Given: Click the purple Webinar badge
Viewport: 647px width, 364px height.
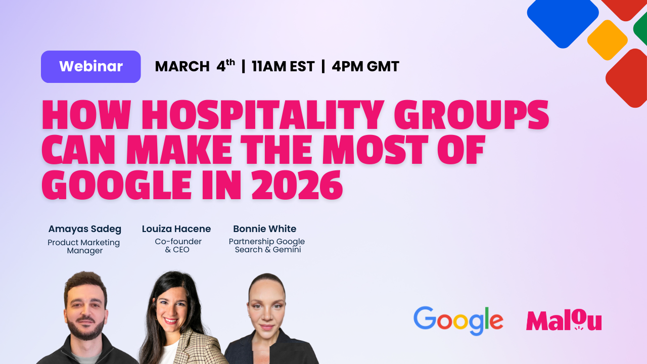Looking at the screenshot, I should click(x=91, y=67).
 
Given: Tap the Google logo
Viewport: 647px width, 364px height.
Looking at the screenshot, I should click(x=458, y=321).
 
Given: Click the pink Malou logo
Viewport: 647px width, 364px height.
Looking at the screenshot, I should click(x=564, y=321).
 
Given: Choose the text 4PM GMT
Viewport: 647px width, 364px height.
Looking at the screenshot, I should click(x=365, y=67).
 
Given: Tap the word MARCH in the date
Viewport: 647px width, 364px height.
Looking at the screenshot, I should click(x=182, y=67).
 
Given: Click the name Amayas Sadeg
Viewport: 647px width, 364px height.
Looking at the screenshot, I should click(x=85, y=229).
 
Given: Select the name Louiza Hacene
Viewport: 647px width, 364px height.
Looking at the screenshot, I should click(x=176, y=229).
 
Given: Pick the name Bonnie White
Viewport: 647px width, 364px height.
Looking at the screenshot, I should click(x=265, y=229).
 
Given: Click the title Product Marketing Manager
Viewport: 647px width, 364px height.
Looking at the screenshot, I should click(x=84, y=246).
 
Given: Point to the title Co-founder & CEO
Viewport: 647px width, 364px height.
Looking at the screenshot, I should click(x=178, y=246).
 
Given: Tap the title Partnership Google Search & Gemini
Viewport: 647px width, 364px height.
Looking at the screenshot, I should click(x=267, y=246).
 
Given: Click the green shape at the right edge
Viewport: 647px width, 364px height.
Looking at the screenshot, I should click(x=641, y=29).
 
